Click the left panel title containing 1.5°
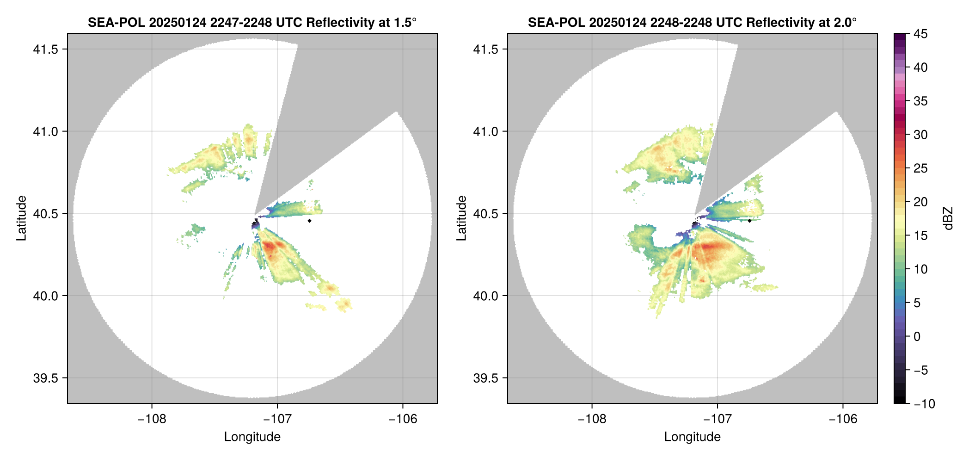pyautogui.click(x=252, y=22)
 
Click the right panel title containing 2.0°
pyautogui.click(x=692, y=22)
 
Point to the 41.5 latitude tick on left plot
pyautogui.click(x=45, y=50)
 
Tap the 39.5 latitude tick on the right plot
pyautogui.click(x=485, y=378)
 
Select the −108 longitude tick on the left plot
pyautogui.click(x=152, y=419)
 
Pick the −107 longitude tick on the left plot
pyautogui.click(x=277, y=419)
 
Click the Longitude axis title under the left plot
pyautogui.click(x=252, y=437)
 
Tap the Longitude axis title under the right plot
pyautogui.click(x=692, y=437)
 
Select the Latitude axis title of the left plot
pyautogui.click(x=21, y=218)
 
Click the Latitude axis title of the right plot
pyautogui.click(x=461, y=218)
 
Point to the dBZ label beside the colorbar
pyautogui.click(x=949, y=218)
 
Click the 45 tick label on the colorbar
pyautogui.click(x=920, y=34)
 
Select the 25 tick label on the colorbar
pyautogui.click(x=920, y=168)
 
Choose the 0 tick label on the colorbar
pyautogui.click(x=917, y=337)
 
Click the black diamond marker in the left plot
pyautogui.click(x=309, y=221)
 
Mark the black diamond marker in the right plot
pyautogui.click(x=749, y=221)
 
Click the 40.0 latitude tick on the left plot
pyautogui.click(x=45, y=296)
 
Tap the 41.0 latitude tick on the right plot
pyautogui.click(x=485, y=131)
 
